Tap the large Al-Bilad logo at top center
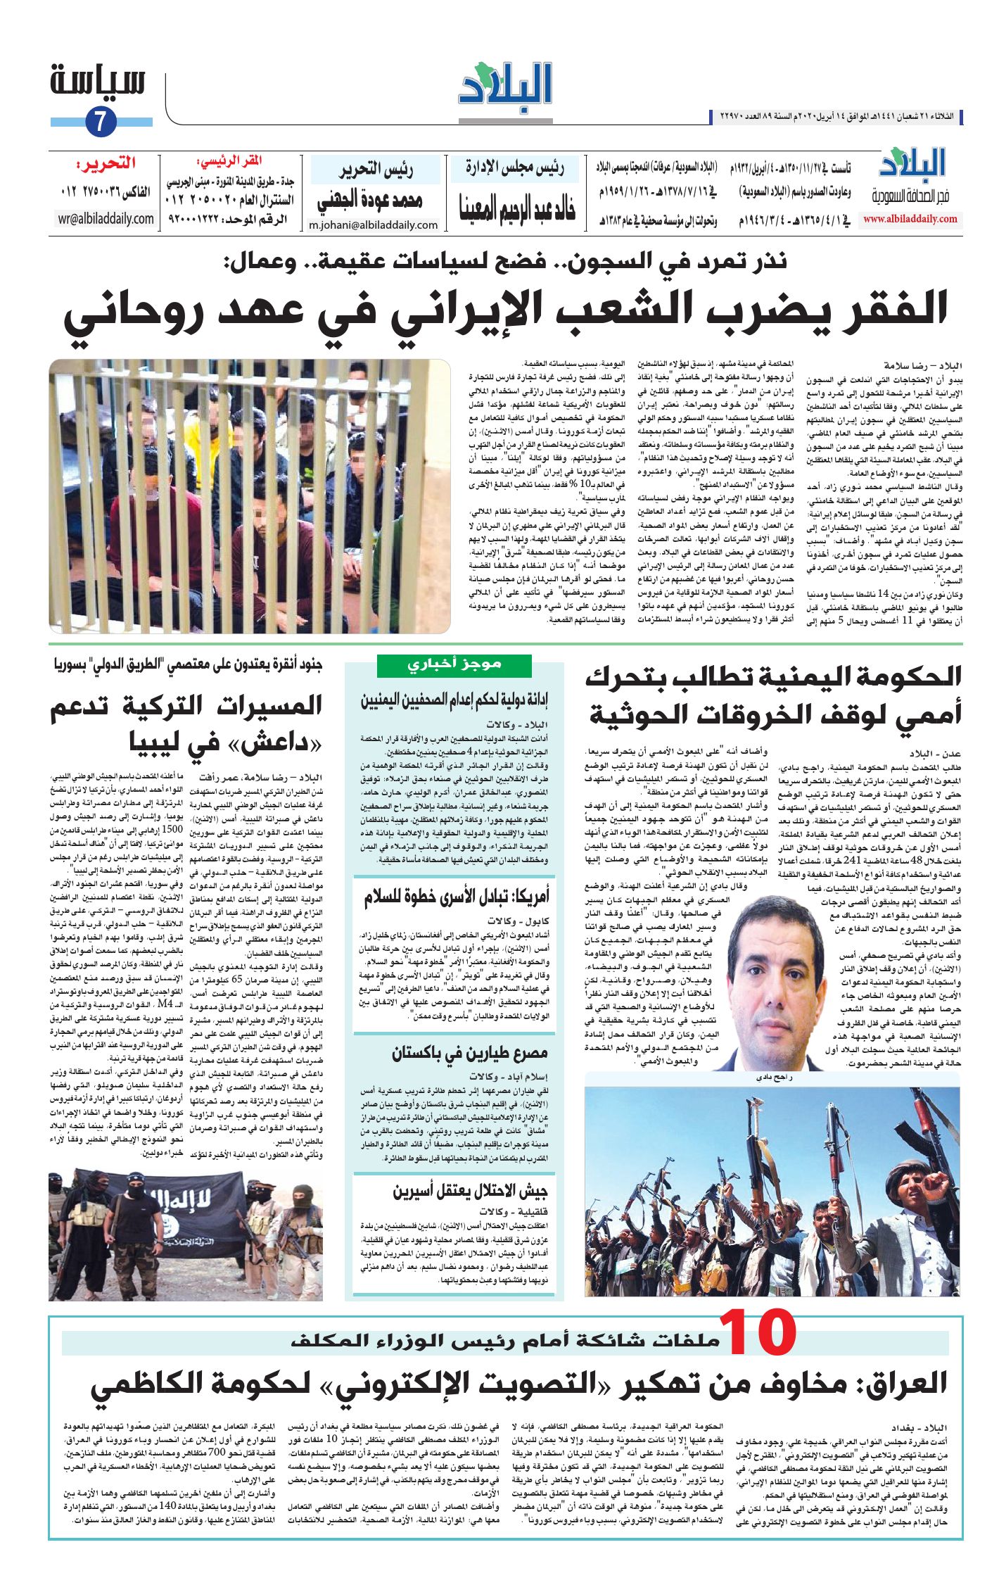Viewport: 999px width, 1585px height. click(x=505, y=87)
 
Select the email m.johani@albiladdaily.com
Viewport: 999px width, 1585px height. click(x=373, y=225)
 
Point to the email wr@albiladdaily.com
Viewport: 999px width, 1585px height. click(x=106, y=219)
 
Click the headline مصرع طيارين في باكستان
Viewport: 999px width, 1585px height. click(x=469, y=1054)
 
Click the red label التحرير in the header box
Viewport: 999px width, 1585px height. click(x=106, y=164)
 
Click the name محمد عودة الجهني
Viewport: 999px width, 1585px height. click(x=370, y=201)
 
